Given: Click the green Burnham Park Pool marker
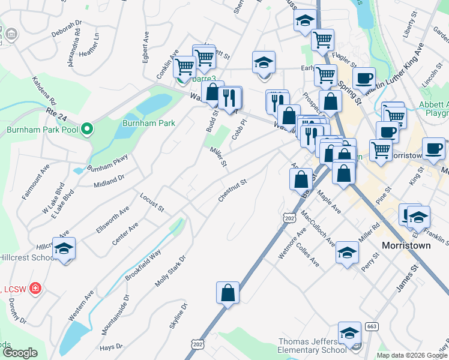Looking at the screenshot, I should [87, 129].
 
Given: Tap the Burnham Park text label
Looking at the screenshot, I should [148, 123].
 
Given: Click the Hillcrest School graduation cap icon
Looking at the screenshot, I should [64, 249].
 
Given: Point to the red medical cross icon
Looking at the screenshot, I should [35, 289].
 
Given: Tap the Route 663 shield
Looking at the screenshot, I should [372, 325].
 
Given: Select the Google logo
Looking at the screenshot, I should [20, 352].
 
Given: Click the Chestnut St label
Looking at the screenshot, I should [234, 190].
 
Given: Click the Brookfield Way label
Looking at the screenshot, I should [143, 265].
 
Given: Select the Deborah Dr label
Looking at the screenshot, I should [65, 29].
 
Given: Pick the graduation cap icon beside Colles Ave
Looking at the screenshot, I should [347, 252].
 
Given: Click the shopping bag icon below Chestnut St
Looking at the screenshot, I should [228, 293].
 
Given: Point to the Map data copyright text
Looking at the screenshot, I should [412, 355].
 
